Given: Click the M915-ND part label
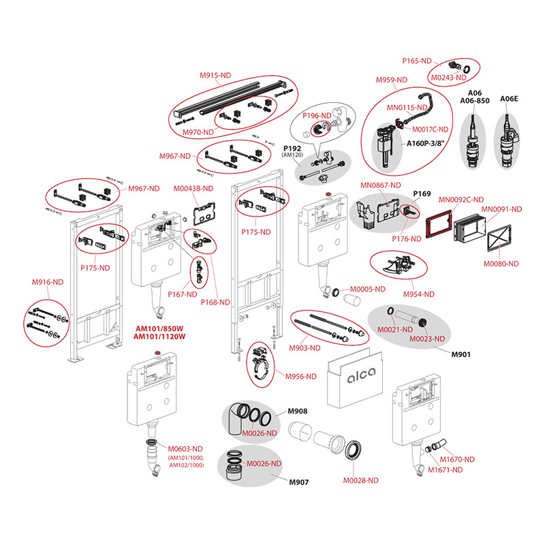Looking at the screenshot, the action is [x=215, y=75].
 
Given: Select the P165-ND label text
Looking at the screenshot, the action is [x=417, y=61].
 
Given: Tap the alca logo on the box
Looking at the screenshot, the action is [x=362, y=375].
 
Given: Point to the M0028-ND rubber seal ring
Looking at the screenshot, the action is [x=353, y=450].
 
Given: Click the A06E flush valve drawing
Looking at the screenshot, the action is [x=507, y=141].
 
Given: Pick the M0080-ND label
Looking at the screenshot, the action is [x=501, y=264].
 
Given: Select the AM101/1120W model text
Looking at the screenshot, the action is [x=159, y=337].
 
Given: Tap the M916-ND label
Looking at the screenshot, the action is [x=48, y=282].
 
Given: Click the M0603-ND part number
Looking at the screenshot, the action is [x=185, y=449].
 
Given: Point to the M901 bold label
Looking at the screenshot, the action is [x=461, y=354].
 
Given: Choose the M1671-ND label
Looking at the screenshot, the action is [x=445, y=470].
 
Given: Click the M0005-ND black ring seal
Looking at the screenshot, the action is [x=336, y=292].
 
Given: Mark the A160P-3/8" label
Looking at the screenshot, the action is [x=425, y=143].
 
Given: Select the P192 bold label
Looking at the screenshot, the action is [x=292, y=149].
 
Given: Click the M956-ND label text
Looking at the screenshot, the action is [x=300, y=377].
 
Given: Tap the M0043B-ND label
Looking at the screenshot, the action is [x=193, y=189].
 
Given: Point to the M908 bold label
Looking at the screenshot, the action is [x=298, y=411].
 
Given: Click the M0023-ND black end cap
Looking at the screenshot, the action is [x=422, y=322].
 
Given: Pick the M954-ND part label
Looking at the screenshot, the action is [x=418, y=294].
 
